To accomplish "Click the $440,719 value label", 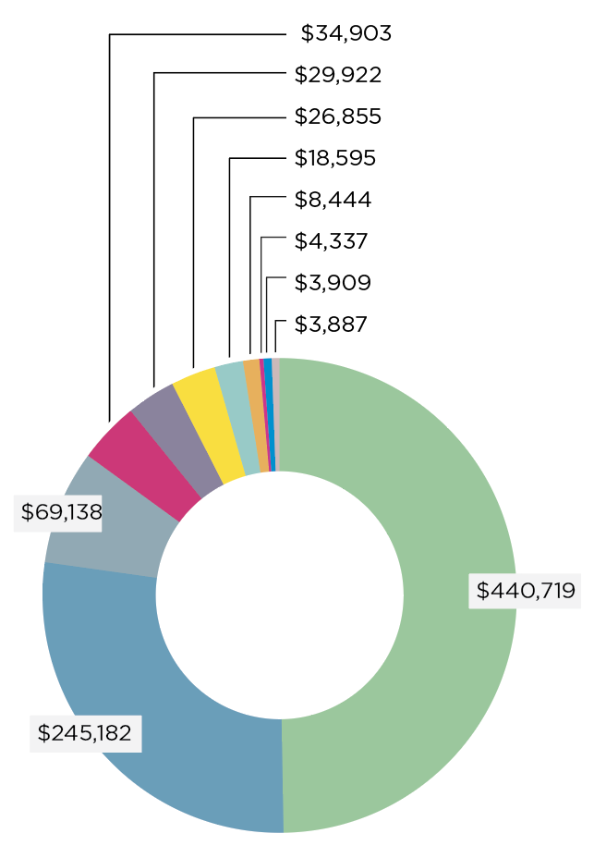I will (525, 589).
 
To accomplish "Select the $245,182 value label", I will (85, 733).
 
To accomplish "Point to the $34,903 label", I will (346, 34).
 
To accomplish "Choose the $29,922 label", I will (338, 75).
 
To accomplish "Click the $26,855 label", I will (338, 116).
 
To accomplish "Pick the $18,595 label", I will (335, 158).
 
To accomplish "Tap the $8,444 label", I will (333, 200).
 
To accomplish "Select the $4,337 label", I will (331, 241).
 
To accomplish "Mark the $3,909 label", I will (333, 283).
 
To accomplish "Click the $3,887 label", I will (331, 325).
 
